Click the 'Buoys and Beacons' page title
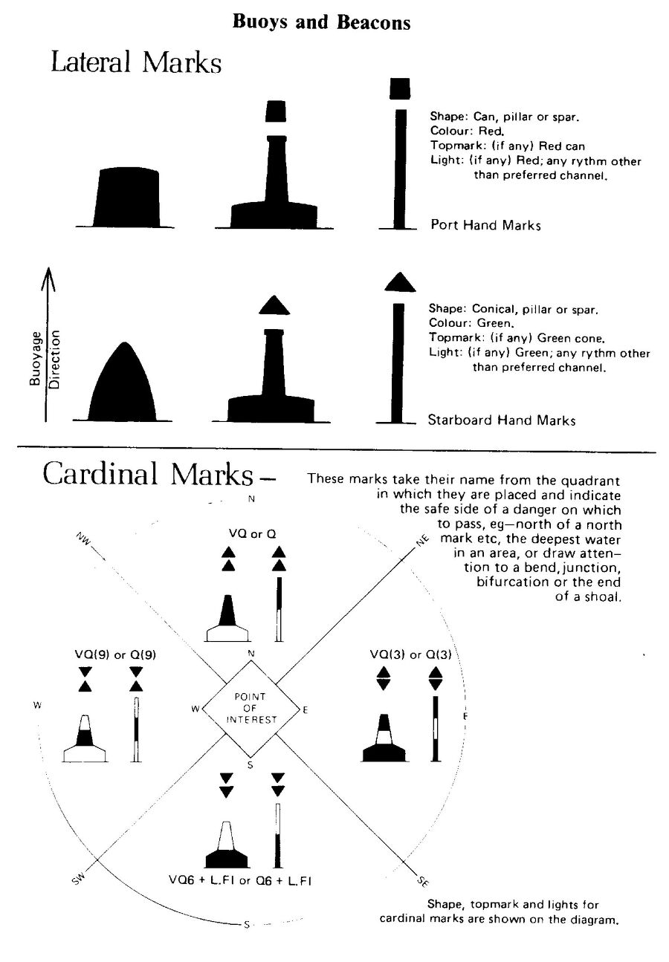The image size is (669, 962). click(321, 23)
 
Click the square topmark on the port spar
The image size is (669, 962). click(400, 88)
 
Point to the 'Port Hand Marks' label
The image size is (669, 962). click(485, 225)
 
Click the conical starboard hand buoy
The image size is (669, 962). click(123, 385)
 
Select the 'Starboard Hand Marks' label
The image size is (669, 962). click(501, 420)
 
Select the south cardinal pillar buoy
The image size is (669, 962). click(227, 846)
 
